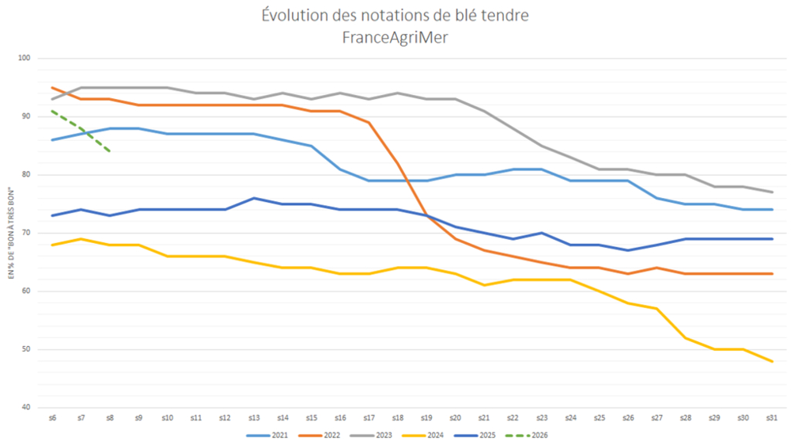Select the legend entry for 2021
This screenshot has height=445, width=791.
coord(269,435)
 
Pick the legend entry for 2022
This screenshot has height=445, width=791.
coord(325,435)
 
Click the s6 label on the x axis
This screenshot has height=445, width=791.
coord(52,417)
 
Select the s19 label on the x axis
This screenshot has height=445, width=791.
coord(426,417)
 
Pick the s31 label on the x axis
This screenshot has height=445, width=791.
coord(771,417)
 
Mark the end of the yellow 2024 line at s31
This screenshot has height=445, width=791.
coord(772,361)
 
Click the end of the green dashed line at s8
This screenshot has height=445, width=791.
coord(109,151)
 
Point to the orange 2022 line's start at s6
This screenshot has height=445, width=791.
coord(52,87)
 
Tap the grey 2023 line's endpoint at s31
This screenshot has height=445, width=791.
coord(772,192)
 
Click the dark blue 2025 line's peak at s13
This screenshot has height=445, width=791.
coord(254,198)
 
